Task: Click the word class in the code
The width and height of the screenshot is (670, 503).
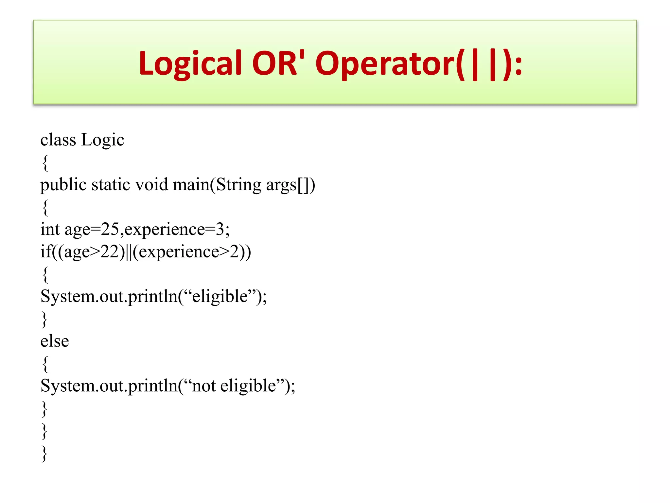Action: pos(58,140)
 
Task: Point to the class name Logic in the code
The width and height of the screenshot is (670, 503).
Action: pos(103,140)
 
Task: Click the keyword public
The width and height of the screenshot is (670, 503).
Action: pos(63,185)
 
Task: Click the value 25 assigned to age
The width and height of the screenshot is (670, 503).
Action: pos(110,229)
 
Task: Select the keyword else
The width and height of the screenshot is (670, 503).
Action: pos(55,341)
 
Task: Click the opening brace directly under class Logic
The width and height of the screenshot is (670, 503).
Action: pos(45,163)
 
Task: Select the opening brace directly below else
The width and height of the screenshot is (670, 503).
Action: pos(45,364)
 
